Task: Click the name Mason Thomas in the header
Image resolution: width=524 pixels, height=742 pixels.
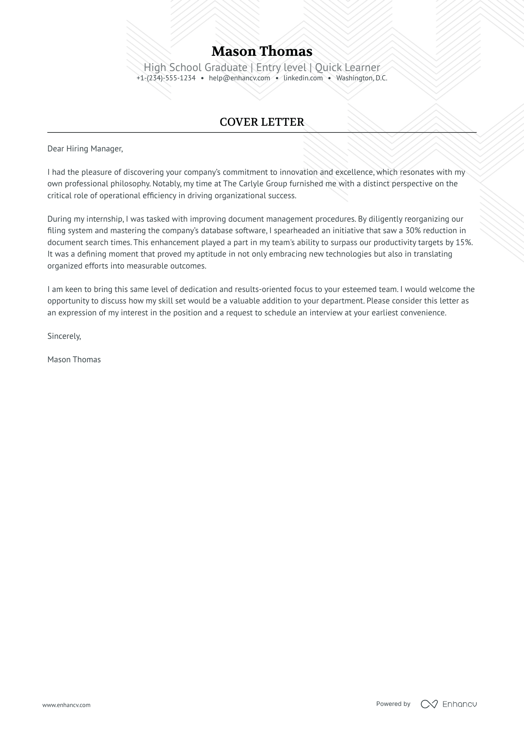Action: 262,51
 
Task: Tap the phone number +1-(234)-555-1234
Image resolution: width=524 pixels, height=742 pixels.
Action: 166,78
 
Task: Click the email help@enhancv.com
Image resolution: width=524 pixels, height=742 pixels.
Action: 239,78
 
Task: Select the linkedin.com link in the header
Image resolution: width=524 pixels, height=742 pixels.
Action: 303,78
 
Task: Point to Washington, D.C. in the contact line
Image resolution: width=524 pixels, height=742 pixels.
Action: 362,78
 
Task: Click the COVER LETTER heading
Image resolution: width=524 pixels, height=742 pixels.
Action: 262,122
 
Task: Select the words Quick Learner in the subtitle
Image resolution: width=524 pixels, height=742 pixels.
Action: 347,67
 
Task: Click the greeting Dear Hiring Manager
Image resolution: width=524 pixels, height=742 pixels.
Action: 85,149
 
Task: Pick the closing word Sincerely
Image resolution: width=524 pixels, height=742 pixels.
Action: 64,336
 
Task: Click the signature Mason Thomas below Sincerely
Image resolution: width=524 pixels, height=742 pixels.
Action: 74,360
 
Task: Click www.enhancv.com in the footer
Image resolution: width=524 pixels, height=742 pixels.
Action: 66,705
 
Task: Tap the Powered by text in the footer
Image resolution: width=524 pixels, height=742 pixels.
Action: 393,704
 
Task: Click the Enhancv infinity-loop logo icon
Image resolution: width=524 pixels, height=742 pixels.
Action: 429,704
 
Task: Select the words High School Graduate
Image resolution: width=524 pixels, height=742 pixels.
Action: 195,67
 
